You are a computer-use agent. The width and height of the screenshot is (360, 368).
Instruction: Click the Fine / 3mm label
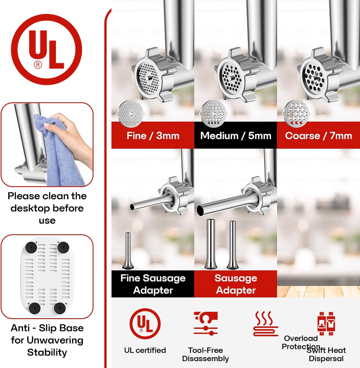click(153, 136)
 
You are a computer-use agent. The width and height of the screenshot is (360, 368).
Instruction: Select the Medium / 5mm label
click(236, 136)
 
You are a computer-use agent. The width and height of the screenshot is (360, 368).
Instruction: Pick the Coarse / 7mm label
click(319, 136)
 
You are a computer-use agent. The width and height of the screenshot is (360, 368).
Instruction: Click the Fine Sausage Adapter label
click(153, 284)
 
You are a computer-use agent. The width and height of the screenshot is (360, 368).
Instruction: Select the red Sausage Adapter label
click(236, 284)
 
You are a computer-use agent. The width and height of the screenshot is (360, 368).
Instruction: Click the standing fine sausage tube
click(128, 251)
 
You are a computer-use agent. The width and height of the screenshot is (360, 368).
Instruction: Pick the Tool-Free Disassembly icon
click(206, 323)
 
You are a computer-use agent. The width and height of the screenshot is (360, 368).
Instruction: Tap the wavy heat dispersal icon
click(266, 324)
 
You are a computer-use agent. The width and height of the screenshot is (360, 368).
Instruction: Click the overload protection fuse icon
click(326, 324)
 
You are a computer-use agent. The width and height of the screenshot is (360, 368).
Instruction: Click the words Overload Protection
click(301, 342)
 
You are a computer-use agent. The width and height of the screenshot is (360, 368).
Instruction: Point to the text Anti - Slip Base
click(47, 328)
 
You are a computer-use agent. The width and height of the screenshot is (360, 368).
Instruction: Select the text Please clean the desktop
click(47, 202)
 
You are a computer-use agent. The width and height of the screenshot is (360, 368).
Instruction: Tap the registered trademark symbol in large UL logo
click(38, 65)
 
